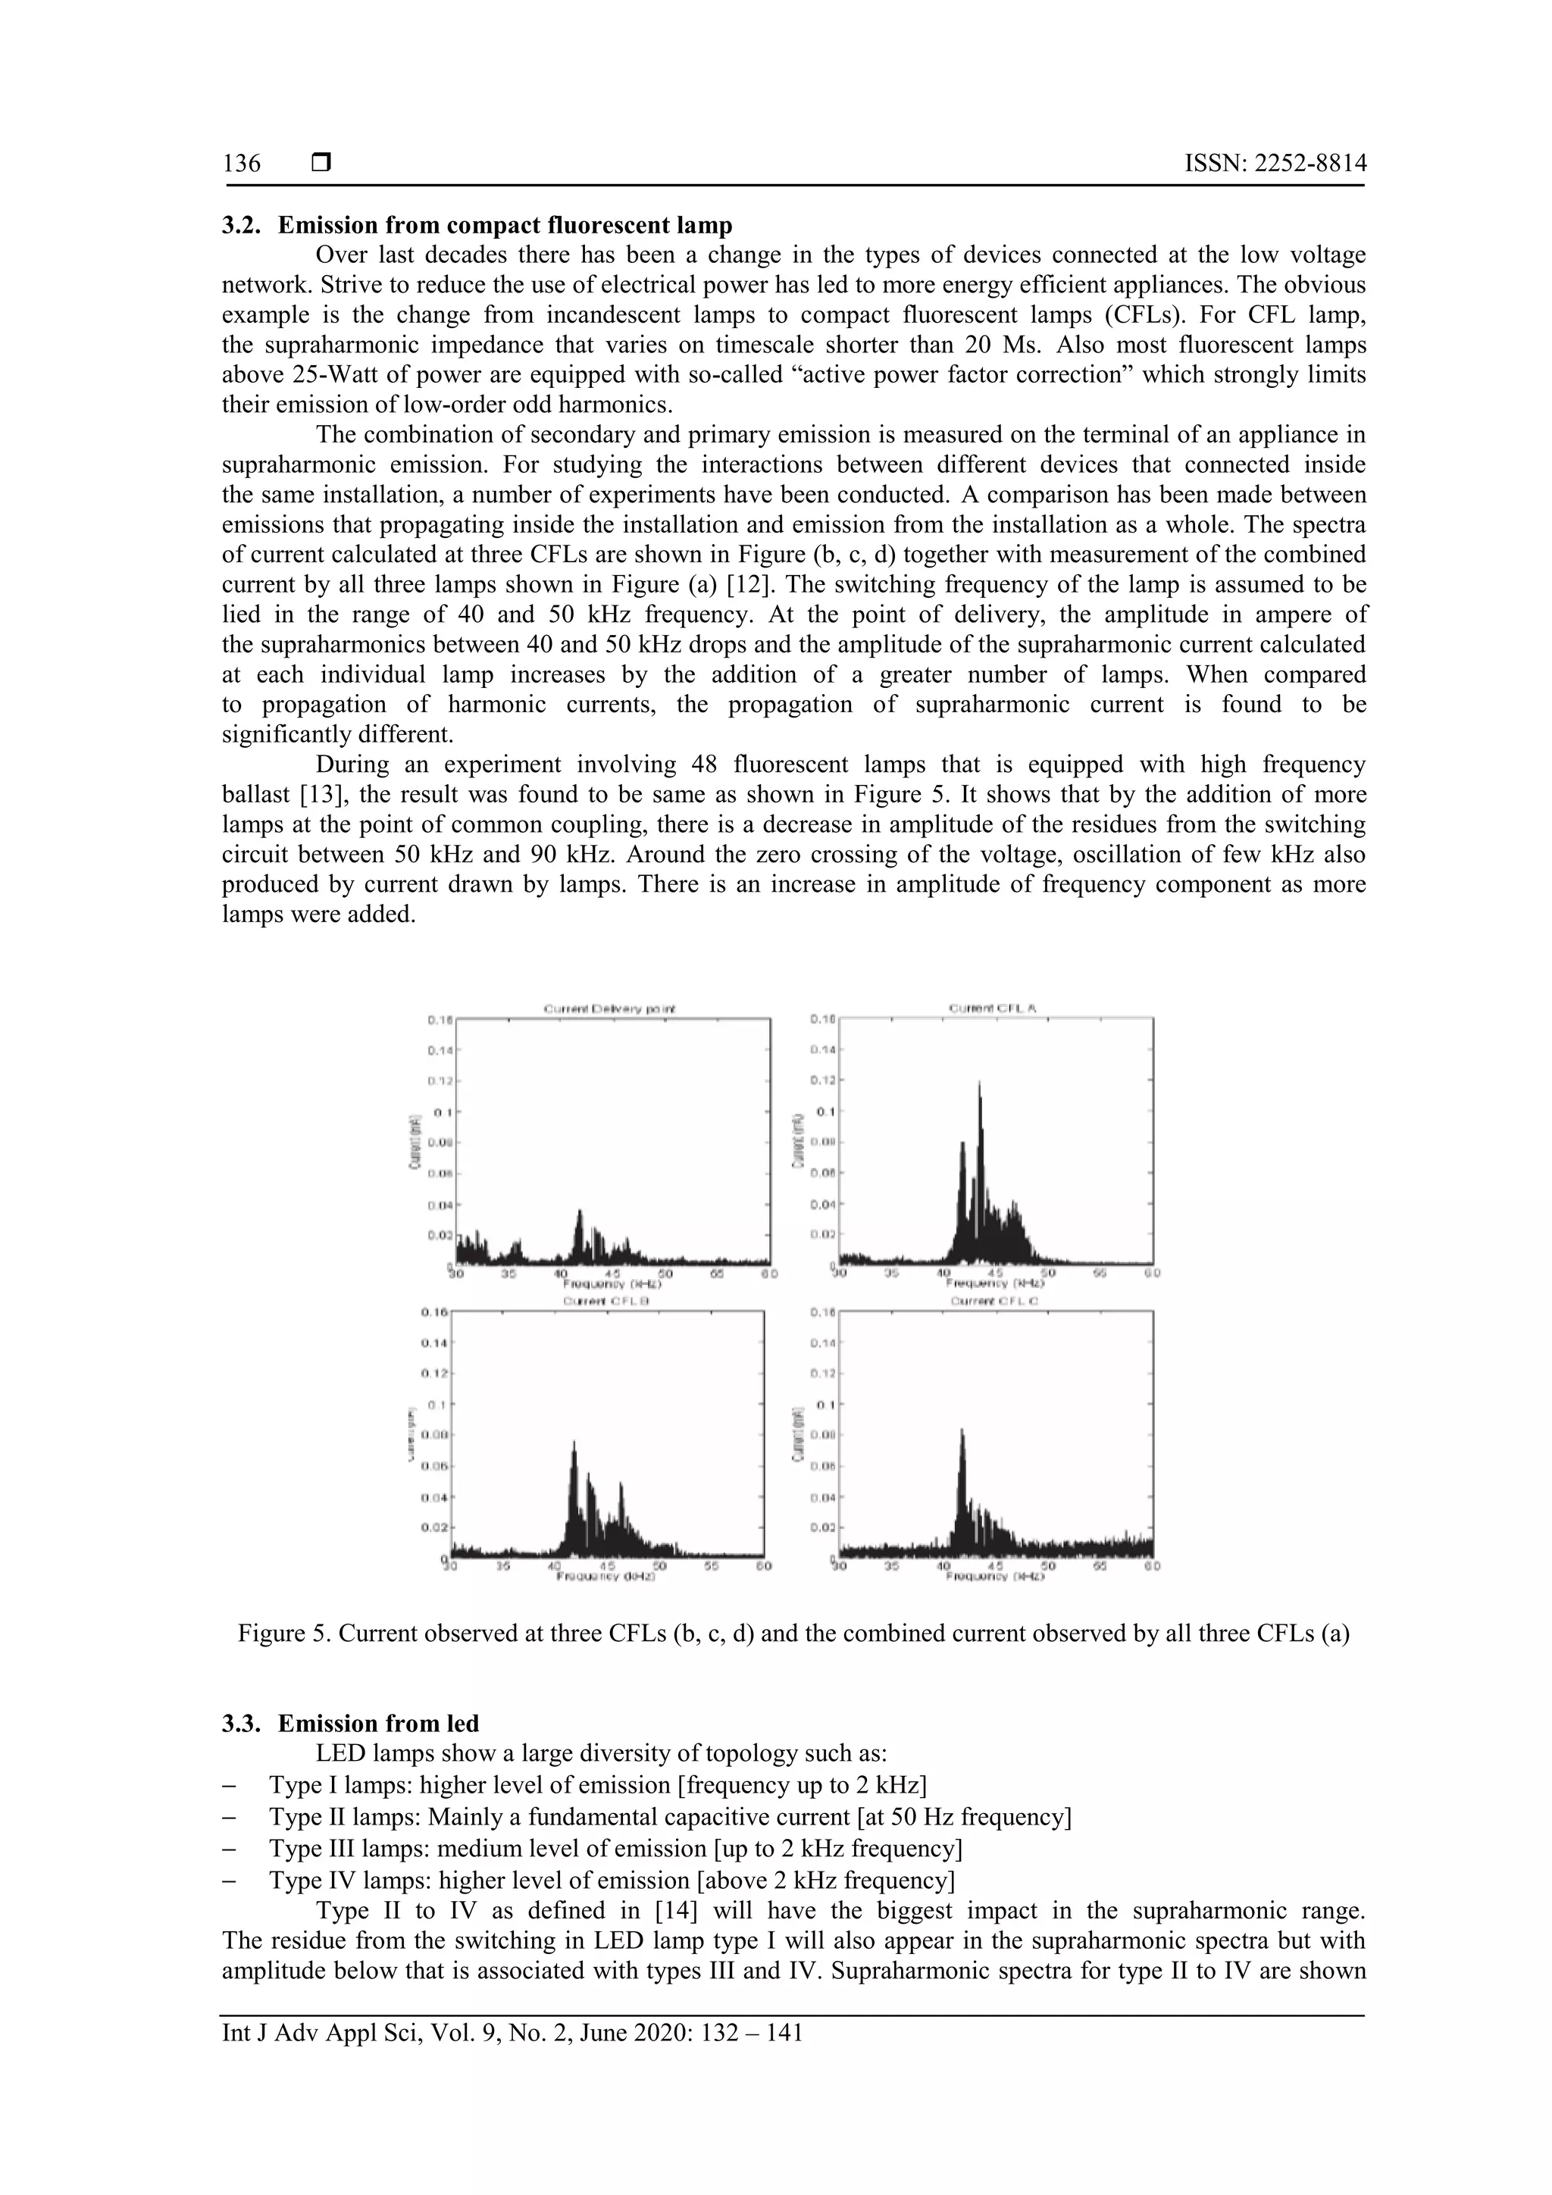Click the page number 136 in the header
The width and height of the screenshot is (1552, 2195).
(242, 164)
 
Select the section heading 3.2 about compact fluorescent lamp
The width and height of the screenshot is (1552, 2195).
(477, 226)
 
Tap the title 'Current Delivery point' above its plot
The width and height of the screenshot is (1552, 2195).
(610, 1008)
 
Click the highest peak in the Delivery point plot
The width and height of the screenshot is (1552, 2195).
(578, 1213)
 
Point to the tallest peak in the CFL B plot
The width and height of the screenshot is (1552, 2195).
(574, 1443)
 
